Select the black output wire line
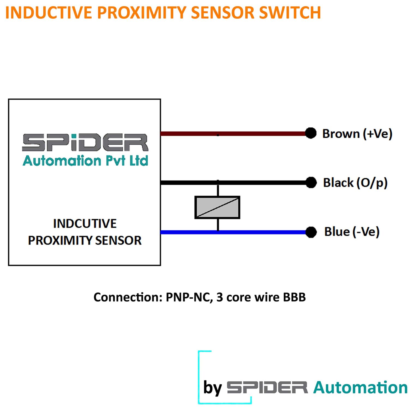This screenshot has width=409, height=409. click(262, 182)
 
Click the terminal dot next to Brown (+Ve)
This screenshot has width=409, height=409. click(311, 133)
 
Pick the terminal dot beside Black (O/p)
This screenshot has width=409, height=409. click(311, 182)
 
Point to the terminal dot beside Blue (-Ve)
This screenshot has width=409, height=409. click(311, 232)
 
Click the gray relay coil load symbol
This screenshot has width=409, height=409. click(217, 207)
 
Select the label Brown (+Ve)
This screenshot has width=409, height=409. click(357, 134)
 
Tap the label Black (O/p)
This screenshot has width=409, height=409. click(355, 183)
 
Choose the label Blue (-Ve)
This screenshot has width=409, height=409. click(352, 232)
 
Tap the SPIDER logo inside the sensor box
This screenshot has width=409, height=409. click(85, 142)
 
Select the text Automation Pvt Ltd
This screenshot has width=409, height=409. click(85, 161)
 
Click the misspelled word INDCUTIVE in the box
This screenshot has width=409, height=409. click(85, 224)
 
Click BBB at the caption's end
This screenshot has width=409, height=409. click(294, 297)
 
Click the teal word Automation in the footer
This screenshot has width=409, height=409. click(360, 387)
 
